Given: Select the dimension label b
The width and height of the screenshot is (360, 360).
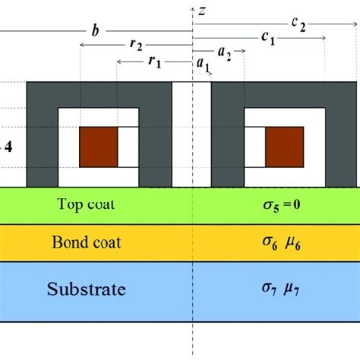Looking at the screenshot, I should pyautogui.click(x=94, y=32).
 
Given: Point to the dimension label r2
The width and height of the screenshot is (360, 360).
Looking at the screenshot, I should pyautogui.click(x=136, y=46).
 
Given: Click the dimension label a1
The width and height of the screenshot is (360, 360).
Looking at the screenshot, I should pyautogui.click(x=204, y=67).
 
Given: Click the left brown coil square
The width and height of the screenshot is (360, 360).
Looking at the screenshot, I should pyautogui.click(x=99, y=141).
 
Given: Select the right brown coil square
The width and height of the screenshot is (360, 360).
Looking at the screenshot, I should pyautogui.click(x=283, y=141).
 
